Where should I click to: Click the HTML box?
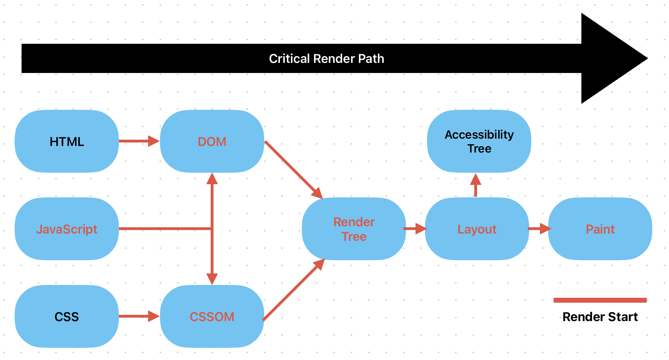[67, 141]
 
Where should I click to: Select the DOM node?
[212, 141]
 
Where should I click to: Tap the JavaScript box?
[67, 229]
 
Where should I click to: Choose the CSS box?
[67, 317]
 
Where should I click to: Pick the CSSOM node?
[212, 317]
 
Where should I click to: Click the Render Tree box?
[354, 229]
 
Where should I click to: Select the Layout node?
[477, 229]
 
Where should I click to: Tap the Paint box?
[600, 229]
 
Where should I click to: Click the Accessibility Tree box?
[479, 141]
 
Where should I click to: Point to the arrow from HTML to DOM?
[139, 141]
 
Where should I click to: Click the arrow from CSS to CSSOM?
[139, 316]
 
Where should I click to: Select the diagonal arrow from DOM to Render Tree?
[294, 170]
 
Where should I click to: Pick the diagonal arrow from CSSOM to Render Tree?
[294, 289]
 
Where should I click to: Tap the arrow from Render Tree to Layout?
[415, 229]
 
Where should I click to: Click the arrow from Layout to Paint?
[539, 229]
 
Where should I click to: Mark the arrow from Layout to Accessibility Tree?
[476, 185]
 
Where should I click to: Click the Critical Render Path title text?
[327, 59]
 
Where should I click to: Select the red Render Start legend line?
[600, 300]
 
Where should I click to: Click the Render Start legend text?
[600, 317]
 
